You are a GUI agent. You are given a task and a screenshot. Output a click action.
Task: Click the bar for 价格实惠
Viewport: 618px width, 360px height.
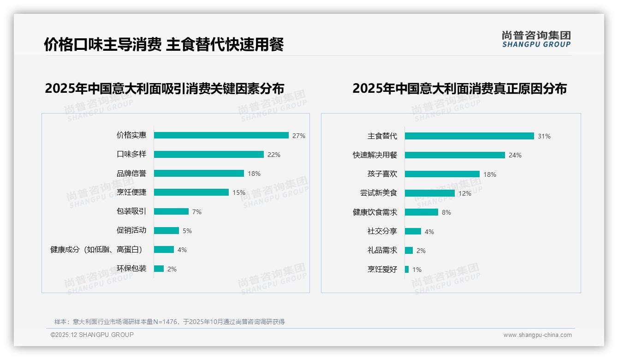[x=221, y=135]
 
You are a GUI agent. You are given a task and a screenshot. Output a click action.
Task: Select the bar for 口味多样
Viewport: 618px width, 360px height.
[x=209, y=154]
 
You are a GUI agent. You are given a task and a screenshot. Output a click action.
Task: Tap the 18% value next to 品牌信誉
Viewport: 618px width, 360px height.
[x=254, y=174]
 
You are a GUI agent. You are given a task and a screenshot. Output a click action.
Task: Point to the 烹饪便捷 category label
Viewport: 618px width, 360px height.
[x=131, y=192]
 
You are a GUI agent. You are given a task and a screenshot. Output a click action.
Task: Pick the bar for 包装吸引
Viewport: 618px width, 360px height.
[x=171, y=211]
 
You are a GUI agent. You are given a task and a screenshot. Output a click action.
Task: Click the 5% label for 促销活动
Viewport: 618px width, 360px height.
[x=187, y=231]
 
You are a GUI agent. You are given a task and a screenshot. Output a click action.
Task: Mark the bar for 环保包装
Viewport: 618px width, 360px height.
[x=159, y=269]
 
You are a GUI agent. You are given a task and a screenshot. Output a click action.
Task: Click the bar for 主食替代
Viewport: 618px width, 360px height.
[x=469, y=136]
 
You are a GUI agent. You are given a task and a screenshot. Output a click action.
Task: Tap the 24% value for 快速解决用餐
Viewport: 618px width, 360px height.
[x=515, y=155]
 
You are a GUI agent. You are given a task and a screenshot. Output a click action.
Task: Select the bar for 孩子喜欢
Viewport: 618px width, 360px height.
[x=442, y=174]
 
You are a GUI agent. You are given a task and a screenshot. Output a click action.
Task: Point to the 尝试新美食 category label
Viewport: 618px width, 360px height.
[x=379, y=193]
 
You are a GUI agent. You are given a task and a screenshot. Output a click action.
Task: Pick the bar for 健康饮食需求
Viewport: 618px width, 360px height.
[x=422, y=212]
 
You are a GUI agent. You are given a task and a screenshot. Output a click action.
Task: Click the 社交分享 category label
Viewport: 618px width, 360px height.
[x=382, y=231]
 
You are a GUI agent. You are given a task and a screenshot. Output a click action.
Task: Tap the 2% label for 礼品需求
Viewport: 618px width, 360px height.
[x=421, y=251]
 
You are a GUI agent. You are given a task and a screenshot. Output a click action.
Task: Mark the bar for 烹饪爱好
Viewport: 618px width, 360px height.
[x=407, y=269]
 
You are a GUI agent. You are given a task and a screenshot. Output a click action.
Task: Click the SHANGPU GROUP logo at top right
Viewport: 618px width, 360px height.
[x=536, y=39]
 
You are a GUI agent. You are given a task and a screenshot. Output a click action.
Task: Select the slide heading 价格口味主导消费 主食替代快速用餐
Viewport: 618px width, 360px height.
[x=164, y=44]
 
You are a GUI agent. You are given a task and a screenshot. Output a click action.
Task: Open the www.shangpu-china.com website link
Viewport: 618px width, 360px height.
[x=537, y=335]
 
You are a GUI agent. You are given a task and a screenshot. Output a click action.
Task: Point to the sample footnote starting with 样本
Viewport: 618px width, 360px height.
[x=169, y=322]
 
